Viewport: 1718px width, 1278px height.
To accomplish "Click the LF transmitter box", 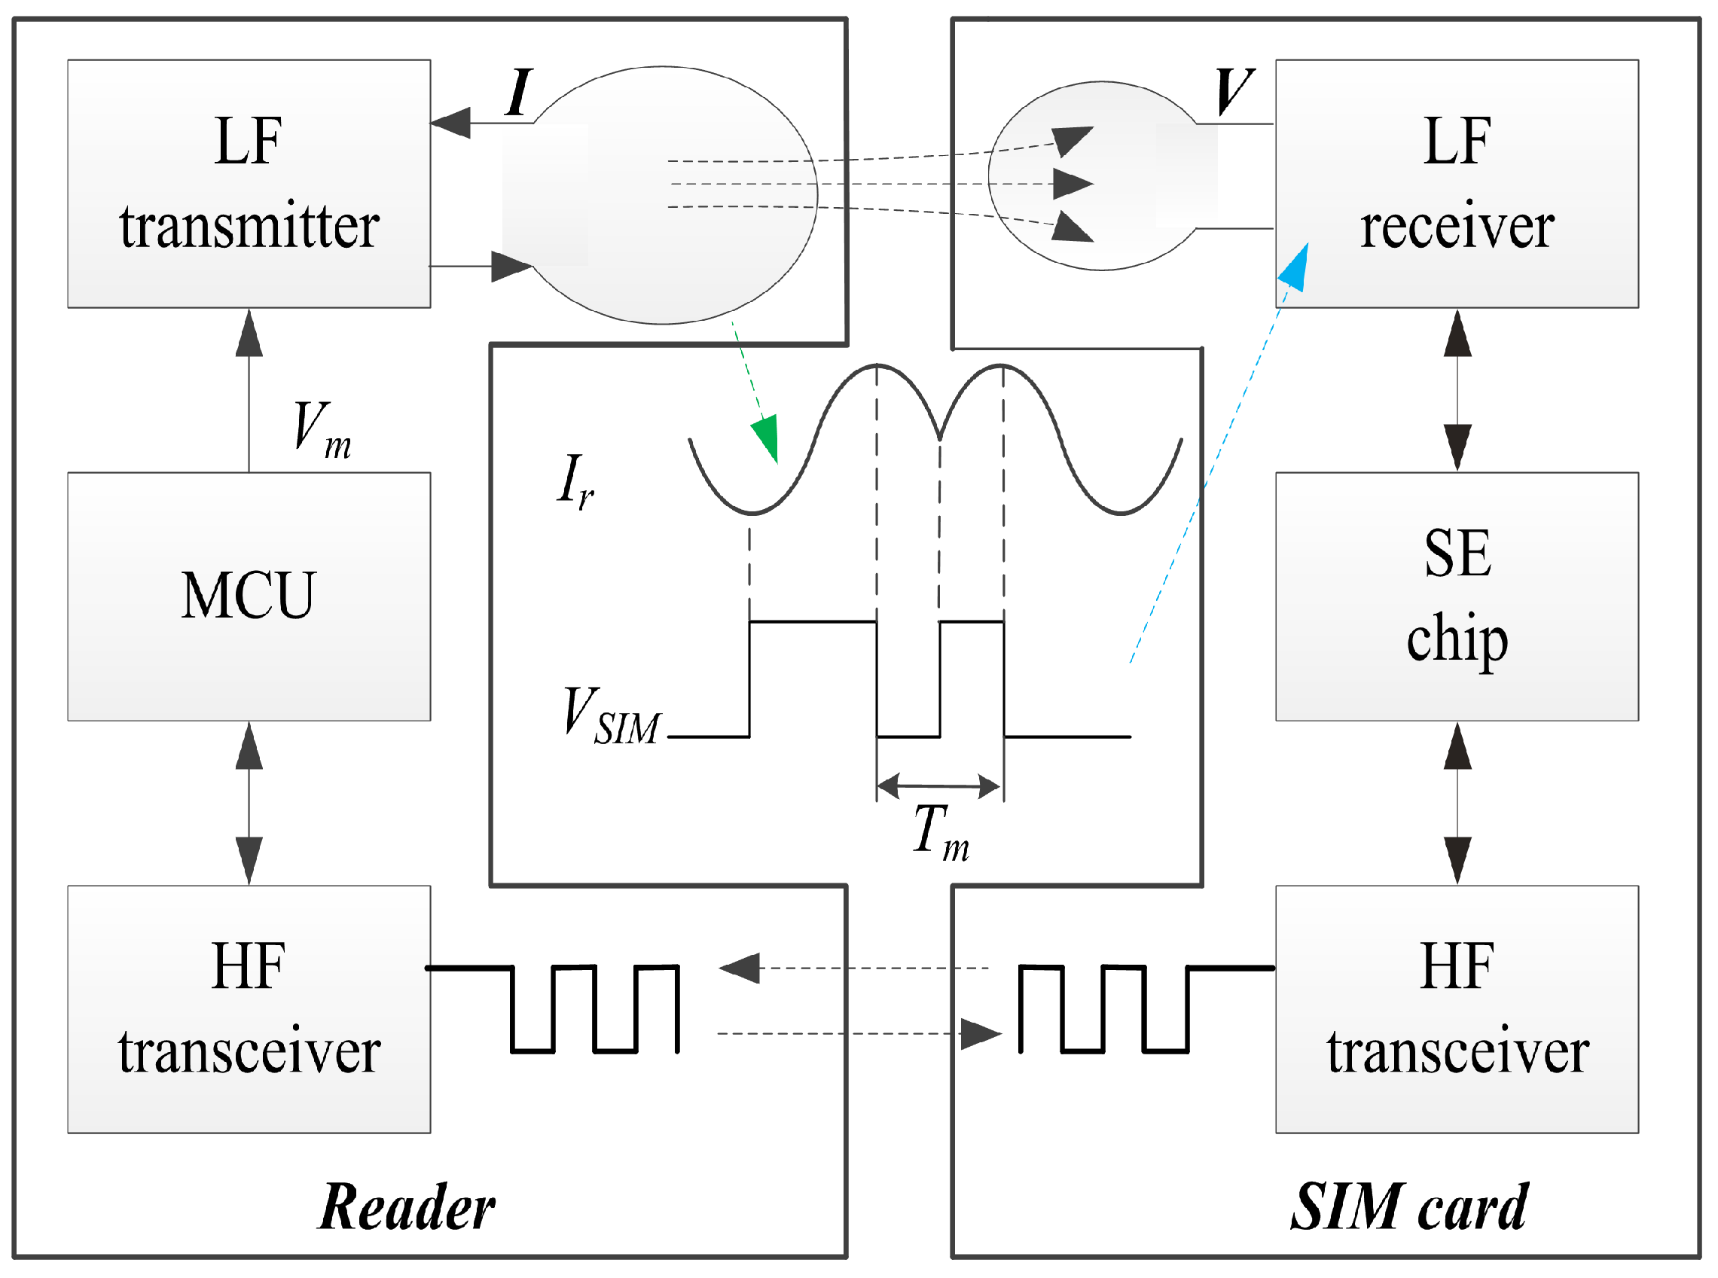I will pos(249,184).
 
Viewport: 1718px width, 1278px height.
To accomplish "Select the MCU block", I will pos(249,597).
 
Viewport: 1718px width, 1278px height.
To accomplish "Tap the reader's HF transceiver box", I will pos(249,1011).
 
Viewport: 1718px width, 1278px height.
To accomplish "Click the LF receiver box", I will pos(1457,184).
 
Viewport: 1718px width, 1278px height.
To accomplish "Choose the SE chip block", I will pos(1457,597).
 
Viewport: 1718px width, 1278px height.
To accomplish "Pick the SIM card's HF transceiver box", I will pos(1457,1011).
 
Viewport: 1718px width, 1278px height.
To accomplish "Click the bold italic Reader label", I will pos(407,1208).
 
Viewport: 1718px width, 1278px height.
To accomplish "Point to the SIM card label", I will pos(1409,1208).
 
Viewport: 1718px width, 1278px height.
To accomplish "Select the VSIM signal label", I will pos(611,716).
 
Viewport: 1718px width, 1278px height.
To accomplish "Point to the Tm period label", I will pos(941,832).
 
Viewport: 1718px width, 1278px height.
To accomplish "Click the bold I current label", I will pos(519,93).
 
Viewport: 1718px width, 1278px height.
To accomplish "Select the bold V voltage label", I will pos(1233,91).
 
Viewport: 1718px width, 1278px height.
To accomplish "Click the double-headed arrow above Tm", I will pos(940,787).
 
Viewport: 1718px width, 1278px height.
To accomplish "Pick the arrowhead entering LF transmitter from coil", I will pos(451,123).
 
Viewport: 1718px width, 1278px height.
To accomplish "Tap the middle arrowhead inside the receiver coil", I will pos(1072,184).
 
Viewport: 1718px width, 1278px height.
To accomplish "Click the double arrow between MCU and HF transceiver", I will pos(249,803).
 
